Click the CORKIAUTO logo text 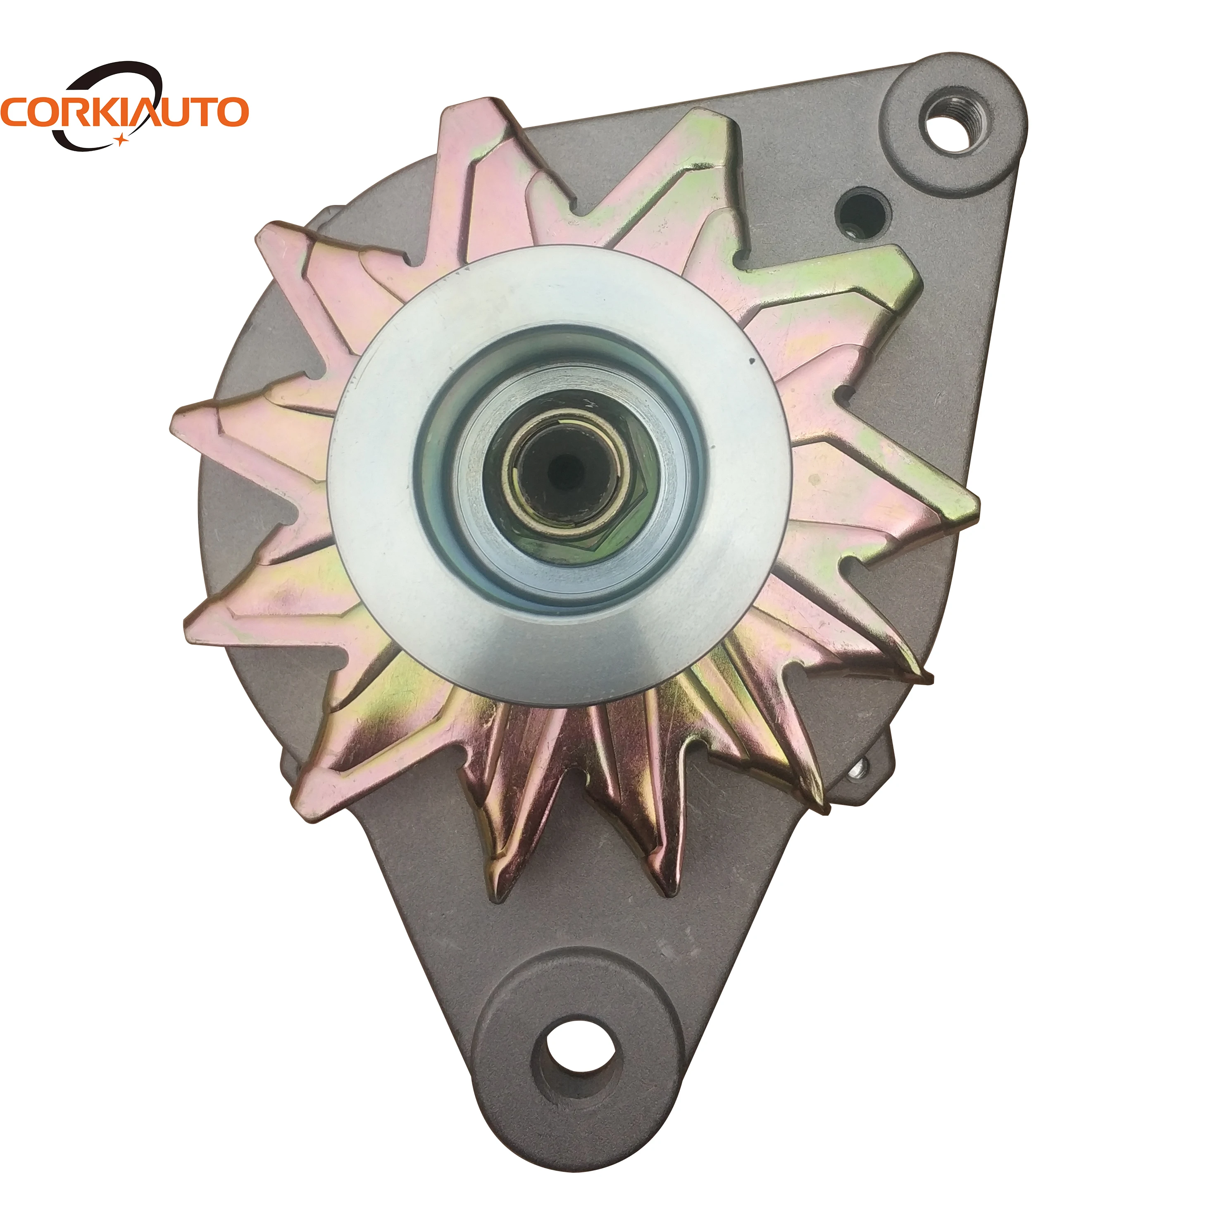(x=125, y=112)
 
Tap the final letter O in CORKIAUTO (x=231, y=112)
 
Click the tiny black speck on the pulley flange (x=752, y=360)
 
